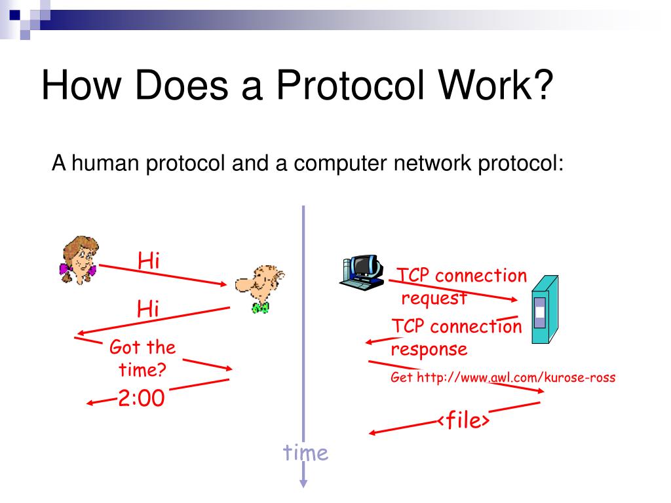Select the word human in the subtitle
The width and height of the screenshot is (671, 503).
click(x=106, y=162)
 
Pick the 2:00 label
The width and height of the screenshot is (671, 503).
click(x=141, y=398)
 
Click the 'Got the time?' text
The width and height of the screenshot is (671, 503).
click(x=142, y=358)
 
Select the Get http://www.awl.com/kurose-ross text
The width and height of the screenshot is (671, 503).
click(x=503, y=377)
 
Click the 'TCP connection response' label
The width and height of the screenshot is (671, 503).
click(x=457, y=337)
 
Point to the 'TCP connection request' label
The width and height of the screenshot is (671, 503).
click(x=463, y=286)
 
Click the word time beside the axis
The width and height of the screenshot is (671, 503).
click(x=305, y=452)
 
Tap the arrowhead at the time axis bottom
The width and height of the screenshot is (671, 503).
click(x=303, y=483)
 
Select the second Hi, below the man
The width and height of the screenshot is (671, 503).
click(x=149, y=308)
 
